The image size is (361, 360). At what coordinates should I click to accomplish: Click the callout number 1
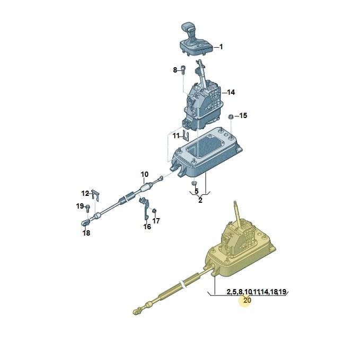(221, 47)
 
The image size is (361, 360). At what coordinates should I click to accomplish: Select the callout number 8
(175, 70)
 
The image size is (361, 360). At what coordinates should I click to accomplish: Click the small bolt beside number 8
(183, 70)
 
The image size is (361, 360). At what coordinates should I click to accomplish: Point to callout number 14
(231, 92)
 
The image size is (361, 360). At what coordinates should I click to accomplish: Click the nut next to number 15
(230, 116)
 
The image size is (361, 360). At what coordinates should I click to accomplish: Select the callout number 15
(243, 115)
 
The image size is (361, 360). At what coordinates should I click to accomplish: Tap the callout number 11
(176, 136)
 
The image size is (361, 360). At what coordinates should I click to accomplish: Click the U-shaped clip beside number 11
(186, 136)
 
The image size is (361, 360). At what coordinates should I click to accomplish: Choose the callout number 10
(145, 174)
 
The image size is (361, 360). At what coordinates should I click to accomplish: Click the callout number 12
(85, 193)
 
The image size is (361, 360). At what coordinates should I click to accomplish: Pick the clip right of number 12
(95, 195)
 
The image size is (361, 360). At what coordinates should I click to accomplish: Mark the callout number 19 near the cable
(80, 206)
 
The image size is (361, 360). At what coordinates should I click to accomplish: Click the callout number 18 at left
(86, 233)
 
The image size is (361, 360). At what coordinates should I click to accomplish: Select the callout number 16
(147, 227)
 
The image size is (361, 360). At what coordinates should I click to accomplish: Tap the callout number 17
(156, 221)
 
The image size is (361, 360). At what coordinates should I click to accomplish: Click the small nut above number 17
(155, 210)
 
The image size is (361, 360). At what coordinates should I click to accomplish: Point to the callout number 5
(196, 191)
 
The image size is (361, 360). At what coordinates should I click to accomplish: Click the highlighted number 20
(247, 300)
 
